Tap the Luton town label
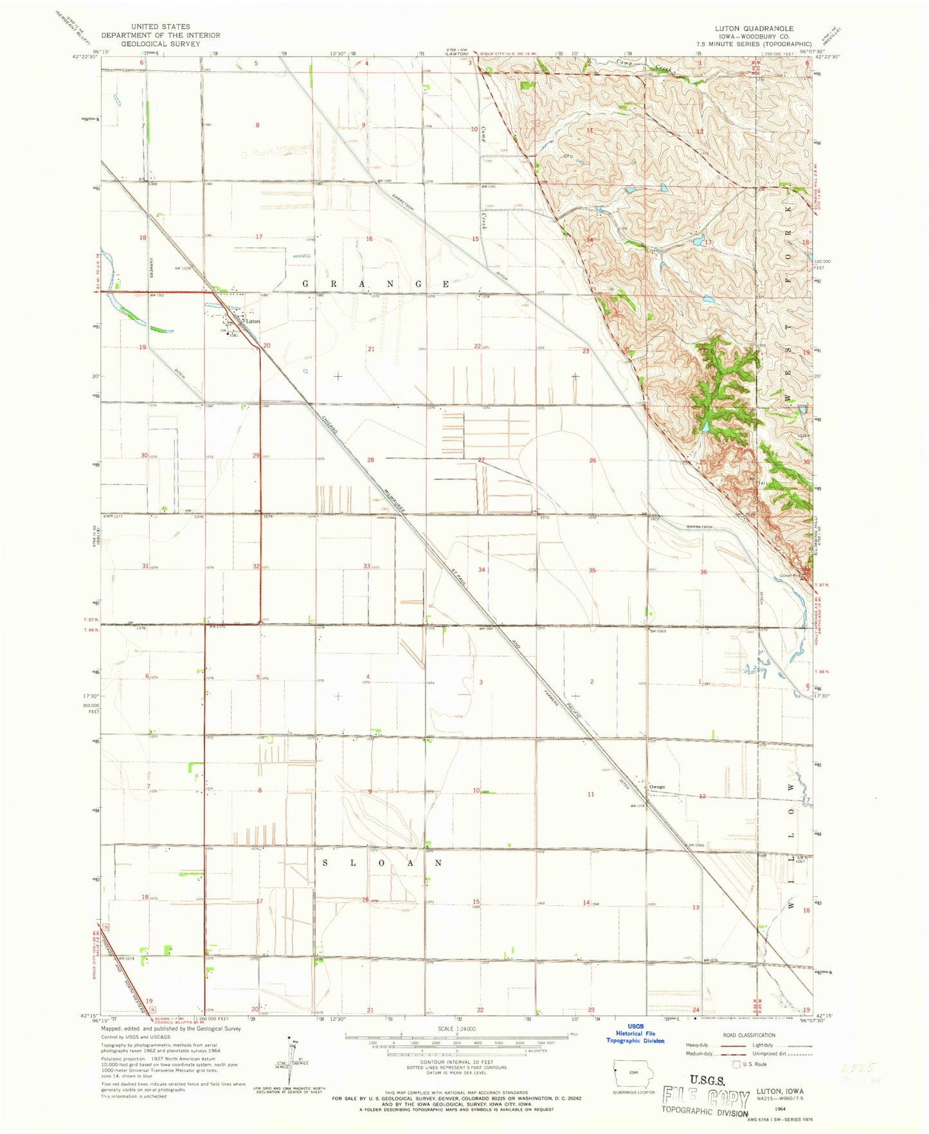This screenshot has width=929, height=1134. tap(253, 321)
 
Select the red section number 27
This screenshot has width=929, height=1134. tap(481, 460)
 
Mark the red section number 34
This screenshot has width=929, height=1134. tap(481, 570)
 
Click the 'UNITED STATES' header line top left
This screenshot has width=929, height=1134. tap(160, 27)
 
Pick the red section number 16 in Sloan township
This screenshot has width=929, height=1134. tap(365, 899)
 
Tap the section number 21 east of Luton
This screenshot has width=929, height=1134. tap(371, 348)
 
